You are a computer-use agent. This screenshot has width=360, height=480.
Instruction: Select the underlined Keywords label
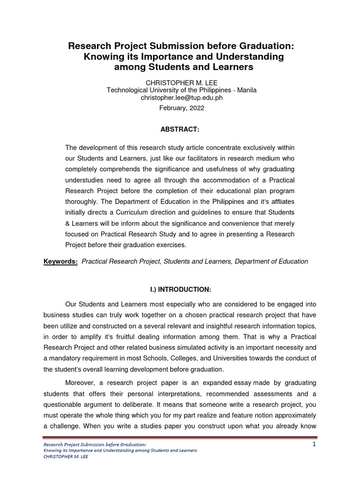click(61, 262)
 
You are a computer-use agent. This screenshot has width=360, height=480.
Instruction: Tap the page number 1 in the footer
click(315, 444)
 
